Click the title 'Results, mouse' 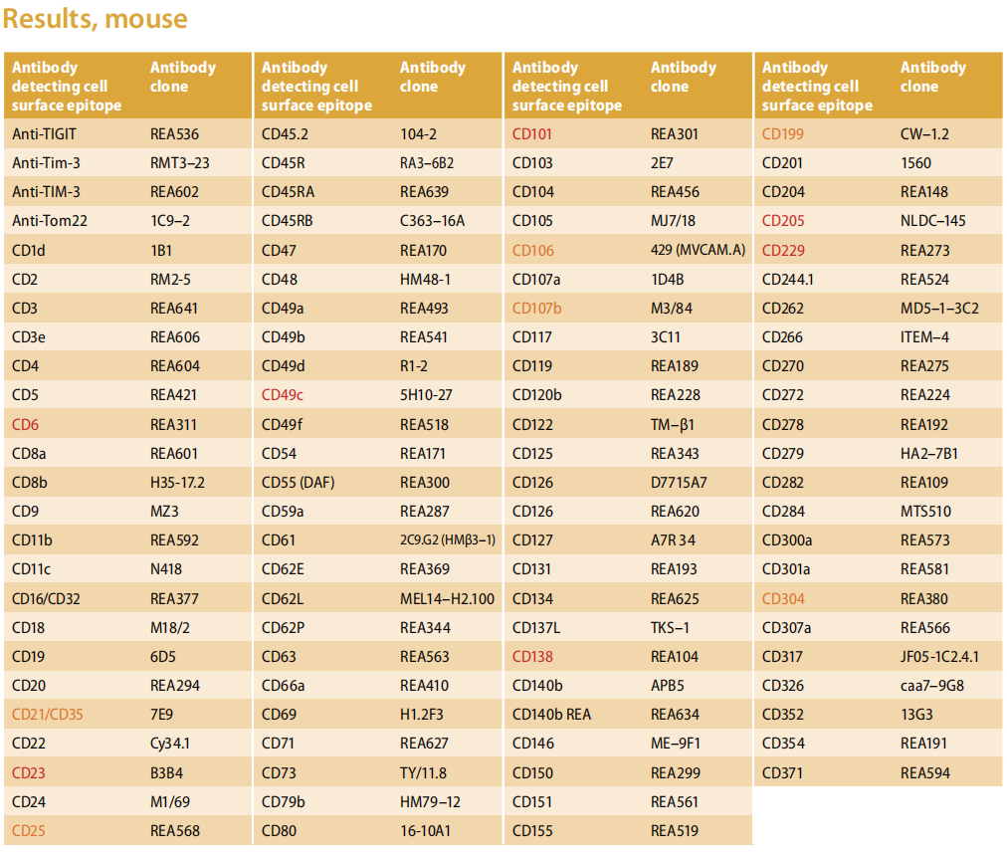coord(96,19)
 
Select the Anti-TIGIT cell coord(44,134)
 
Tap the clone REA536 coord(174,134)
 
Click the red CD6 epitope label coord(25,424)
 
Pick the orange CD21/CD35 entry coord(48,714)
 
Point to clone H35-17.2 coord(177,483)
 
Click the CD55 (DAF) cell coord(298,483)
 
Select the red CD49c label coord(282,395)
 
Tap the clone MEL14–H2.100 coord(447,598)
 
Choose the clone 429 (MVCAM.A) coord(698,250)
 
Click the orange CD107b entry coord(536,309)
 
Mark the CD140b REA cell coord(551,714)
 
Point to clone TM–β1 coord(672,424)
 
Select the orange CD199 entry coord(782,134)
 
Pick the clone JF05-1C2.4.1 coord(939,656)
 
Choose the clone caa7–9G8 coord(931,685)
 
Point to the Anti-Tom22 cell coord(50,221)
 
